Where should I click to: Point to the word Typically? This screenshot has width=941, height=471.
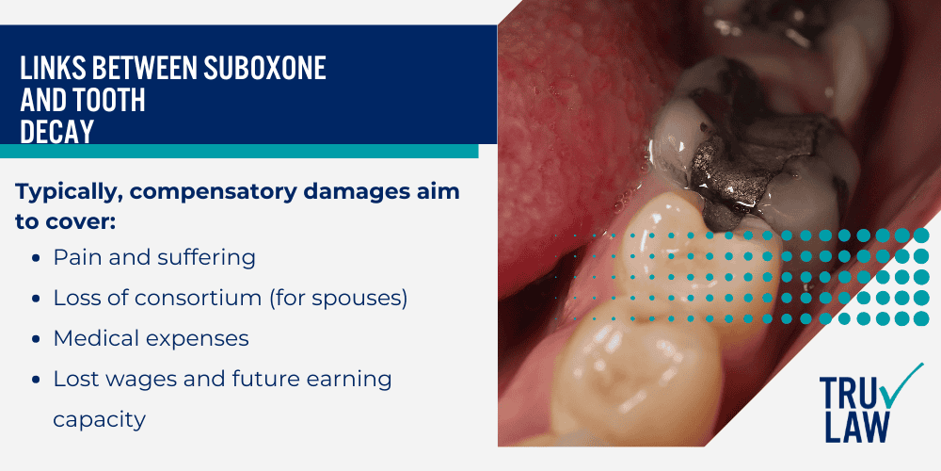[x=68, y=192]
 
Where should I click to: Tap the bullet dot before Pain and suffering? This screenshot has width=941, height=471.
[x=35, y=257]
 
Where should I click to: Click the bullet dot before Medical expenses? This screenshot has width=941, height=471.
[x=35, y=338]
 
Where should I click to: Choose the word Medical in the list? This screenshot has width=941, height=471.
[x=93, y=337]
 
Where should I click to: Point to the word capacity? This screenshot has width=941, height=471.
[x=100, y=419]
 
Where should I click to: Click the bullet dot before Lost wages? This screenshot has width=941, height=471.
[x=35, y=379]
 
